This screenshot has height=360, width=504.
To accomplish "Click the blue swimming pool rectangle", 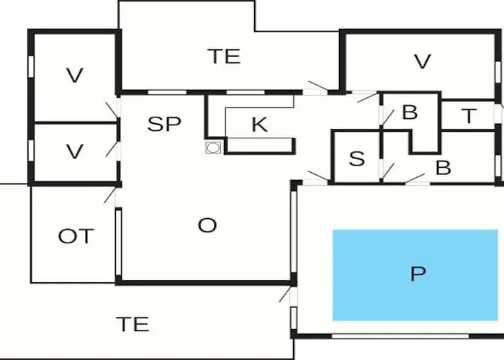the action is pos(415,275).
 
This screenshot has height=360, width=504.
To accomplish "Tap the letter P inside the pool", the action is pos(418,274).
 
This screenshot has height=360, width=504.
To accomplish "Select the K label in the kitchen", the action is pos(259,125).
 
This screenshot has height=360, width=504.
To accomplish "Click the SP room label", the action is pos(164,124).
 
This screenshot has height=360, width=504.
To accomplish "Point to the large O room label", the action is pos(207,225).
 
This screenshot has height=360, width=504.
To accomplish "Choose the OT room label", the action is pos(76,236).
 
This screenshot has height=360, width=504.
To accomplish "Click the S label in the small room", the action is pos(357,158).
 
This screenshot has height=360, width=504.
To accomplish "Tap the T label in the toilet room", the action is pos(469,116).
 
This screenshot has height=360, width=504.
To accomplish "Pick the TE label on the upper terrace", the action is pos(225,56).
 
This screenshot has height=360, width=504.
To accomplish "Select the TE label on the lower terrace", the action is pos(132,324).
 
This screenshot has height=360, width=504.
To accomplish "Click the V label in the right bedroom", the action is pos(422,61).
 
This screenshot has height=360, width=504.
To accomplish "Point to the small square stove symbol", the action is pos(213,148).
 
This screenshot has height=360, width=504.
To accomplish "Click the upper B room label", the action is pos(410,112).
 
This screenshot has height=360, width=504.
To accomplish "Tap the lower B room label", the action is pos(444,168).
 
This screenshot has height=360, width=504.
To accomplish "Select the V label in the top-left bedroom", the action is pos(75,76).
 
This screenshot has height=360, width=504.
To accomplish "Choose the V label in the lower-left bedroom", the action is pos(75,151).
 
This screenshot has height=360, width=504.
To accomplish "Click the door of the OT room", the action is pos(110,195).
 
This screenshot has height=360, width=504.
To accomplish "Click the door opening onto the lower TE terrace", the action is pos(285,294).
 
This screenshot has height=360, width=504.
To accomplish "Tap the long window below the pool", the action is pos(400,336).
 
